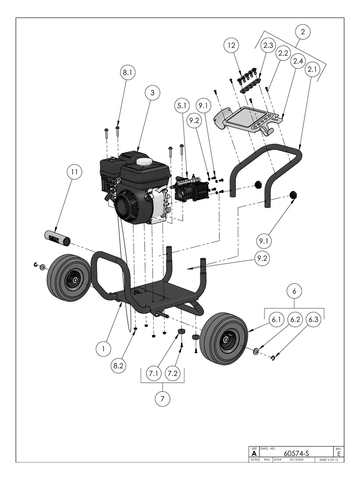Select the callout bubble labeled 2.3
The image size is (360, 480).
pyautogui.click(x=268, y=46)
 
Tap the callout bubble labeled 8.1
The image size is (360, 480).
pyautogui.click(x=128, y=73)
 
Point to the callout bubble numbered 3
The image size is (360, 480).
pyautogui.click(x=152, y=93)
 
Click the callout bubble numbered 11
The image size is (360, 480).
pyautogui.click(x=74, y=173)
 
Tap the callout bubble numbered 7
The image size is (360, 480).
pyautogui.click(x=162, y=399)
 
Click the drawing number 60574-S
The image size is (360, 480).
pyautogui.click(x=296, y=453)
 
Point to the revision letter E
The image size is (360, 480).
pyautogui.click(x=339, y=453)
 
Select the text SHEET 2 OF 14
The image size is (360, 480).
pyautogui.click(x=328, y=460)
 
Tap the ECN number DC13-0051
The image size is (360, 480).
pyautogui.click(x=296, y=460)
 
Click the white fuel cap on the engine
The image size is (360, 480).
pyautogui.click(x=144, y=161)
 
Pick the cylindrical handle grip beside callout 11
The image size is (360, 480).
pyautogui.click(x=56, y=237)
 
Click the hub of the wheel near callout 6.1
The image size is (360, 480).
pyautogui.click(x=226, y=339)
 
